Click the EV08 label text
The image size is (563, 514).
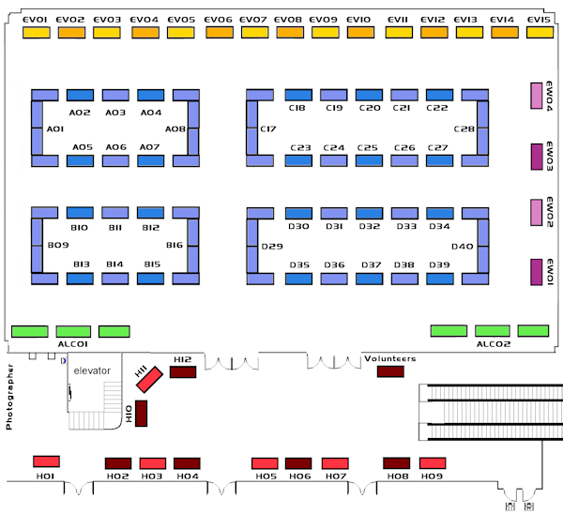(x=289, y=19)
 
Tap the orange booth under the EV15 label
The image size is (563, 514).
(x=540, y=33)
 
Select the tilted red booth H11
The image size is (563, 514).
(x=148, y=381)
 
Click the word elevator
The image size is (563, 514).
(x=92, y=370)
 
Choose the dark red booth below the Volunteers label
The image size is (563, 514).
(x=389, y=372)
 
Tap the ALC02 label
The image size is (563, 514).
(x=493, y=345)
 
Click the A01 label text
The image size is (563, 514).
(x=54, y=129)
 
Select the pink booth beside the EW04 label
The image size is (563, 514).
(x=538, y=96)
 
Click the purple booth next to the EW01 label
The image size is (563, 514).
(x=538, y=272)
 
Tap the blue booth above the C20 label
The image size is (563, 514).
(x=369, y=95)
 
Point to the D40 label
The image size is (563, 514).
(x=463, y=247)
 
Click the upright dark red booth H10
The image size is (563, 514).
(x=142, y=414)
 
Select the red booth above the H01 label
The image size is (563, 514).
(x=47, y=461)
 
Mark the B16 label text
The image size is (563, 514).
(x=175, y=245)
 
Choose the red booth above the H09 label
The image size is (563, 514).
(x=433, y=463)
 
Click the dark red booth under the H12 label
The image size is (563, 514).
(x=182, y=372)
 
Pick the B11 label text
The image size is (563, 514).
(x=115, y=228)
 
